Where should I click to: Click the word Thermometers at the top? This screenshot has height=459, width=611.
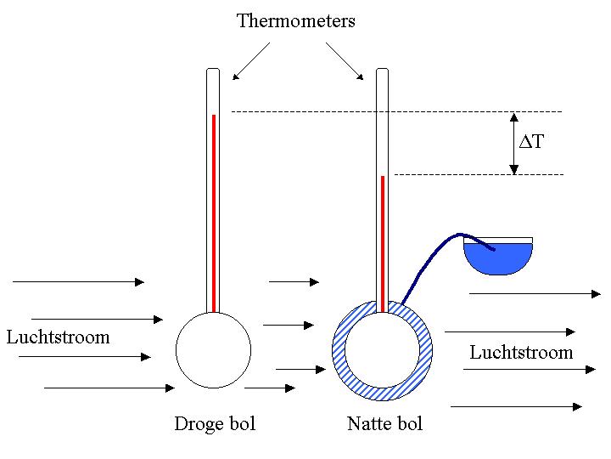coord(295,21)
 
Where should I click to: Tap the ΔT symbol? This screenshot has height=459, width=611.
coord(531,143)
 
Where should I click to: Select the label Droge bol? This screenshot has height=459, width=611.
coord(215,423)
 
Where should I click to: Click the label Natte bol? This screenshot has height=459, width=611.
coord(384,423)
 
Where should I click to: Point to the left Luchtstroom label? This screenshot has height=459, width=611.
coord(58,337)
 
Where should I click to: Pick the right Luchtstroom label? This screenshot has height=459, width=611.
coord(521,352)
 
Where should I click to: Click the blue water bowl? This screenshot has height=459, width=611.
coord(498,259)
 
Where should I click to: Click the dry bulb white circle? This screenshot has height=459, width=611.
coord(213,349)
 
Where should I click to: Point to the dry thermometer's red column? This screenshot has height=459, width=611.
coord(214,212)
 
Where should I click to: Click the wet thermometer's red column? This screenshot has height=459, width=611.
coord(383,242)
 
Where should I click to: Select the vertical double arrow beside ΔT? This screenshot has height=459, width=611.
coord(514,143)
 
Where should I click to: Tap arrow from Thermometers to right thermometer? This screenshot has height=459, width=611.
coord(345,61)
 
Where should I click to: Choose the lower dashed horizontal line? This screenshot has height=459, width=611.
coord(479,174)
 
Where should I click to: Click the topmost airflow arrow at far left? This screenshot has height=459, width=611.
coord(78,281)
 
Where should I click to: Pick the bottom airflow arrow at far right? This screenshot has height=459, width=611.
coord(516,407)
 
